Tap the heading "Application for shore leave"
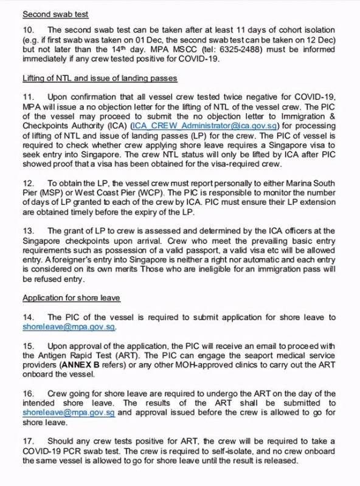pos(71,298)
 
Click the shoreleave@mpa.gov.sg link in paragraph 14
pos(69,327)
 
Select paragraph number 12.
pos(29,183)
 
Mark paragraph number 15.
pos(29,345)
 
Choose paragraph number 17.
pos(29,440)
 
